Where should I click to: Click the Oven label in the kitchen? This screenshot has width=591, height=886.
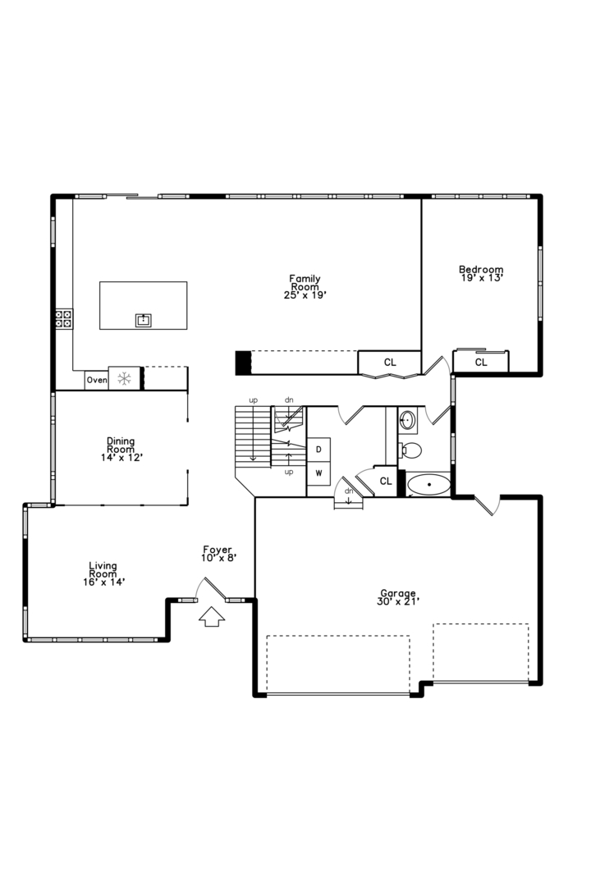point(97,381)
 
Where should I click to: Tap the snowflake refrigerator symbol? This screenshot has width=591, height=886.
point(124,378)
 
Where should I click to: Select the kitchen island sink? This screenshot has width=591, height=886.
point(144,321)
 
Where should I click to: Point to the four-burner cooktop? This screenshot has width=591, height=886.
point(63,319)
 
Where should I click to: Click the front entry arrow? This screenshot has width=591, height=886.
point(212,617)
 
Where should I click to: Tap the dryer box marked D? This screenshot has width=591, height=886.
point(318,450)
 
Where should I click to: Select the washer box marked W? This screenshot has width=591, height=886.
point(318,473)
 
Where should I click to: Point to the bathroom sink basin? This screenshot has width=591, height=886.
point(407,421)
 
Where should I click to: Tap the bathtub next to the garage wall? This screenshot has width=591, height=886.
point(429,485)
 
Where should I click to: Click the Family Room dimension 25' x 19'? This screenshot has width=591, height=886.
point(305,295)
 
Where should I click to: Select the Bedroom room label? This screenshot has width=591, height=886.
point(481,269)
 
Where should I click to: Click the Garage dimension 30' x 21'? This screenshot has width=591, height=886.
point(398,602)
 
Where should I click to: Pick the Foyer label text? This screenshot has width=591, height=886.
point(218,549)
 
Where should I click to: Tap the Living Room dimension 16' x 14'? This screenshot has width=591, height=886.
point(103,582)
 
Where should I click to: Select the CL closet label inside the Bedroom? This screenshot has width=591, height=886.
point(481,363)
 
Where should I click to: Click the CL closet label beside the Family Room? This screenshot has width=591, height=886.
point(390,363)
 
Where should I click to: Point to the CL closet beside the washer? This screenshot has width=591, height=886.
point(386,482)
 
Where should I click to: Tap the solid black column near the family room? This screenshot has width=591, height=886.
point(243,363)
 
